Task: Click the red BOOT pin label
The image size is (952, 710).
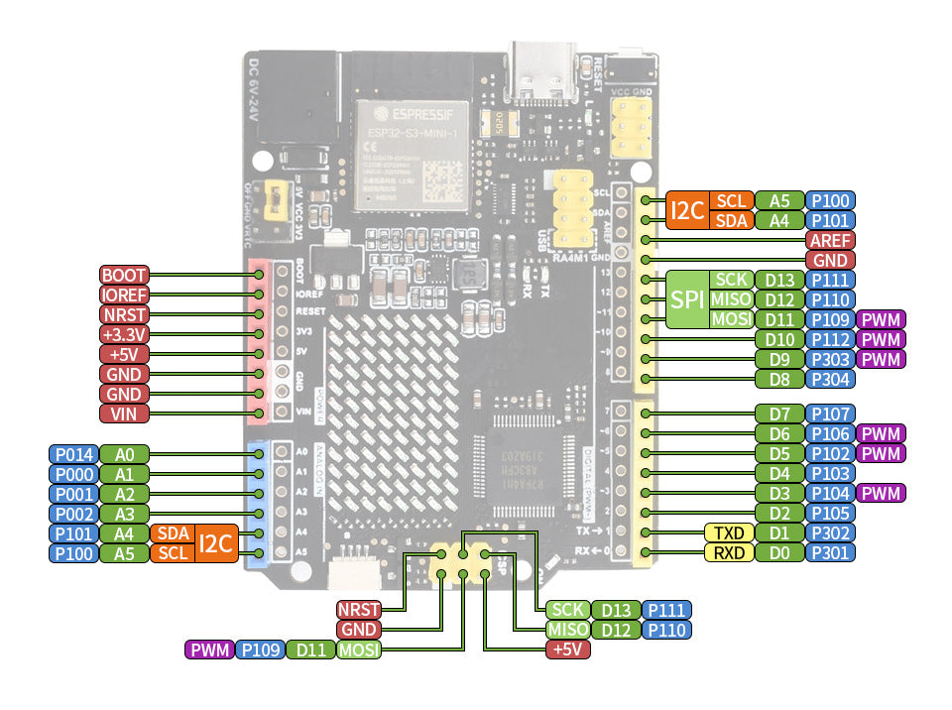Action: pos(124,275)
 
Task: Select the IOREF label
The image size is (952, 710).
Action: pos(124,295)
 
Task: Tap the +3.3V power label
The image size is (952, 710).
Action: pos(124,334)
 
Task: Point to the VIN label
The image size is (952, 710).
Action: pos(124,414)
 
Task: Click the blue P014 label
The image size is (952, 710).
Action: pos(73,454)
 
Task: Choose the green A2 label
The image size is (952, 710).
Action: pos(124,494)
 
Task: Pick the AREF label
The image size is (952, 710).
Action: pos(830,240)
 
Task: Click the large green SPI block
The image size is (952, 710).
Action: pos(686,299)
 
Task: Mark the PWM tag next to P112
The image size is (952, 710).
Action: pos(882,339)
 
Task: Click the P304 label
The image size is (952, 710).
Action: pos(830,379)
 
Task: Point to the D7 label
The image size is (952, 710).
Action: pos(778,414)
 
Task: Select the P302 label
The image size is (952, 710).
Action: pos(830,532)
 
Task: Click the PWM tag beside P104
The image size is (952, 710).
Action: pos(882,493)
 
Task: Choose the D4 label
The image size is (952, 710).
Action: pos(778,473)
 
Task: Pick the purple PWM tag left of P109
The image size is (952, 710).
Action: pos(209,651)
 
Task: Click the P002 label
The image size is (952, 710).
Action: pos(73,514)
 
